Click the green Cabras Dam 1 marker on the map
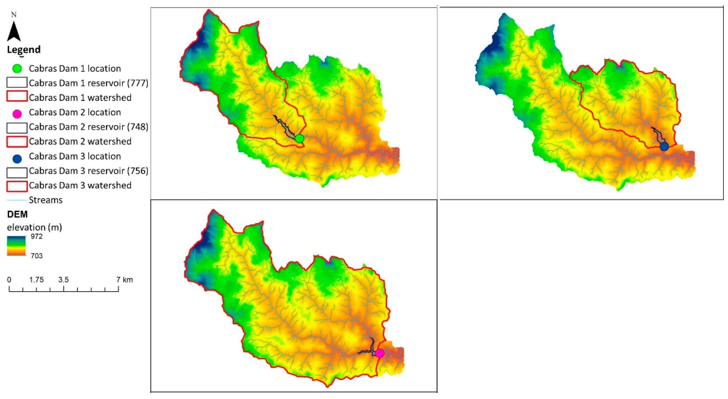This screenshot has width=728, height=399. pyautogui.click(x=299, y=139)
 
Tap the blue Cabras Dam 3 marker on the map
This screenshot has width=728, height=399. pyautogui.click(x=664, y=146)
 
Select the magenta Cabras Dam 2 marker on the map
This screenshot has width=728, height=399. pyautogui.click(x=380, y=353)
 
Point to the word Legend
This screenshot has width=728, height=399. pyautogui.click(x=24, y=49)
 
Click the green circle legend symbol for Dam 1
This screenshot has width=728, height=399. pyautogui.click(x=17, y=68)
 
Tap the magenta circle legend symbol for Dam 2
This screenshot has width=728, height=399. pyautogui.click(x=17, y=114)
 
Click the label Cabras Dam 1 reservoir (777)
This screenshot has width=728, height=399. pyautogui.click(x=88, y=83)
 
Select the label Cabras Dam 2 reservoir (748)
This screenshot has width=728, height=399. pyautogui.click(x=88, y=127)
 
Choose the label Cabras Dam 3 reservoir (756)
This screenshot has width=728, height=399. pyautogui.click(x=88, y=171)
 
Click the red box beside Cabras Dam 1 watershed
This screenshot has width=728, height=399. pyautogui.click(x=17, y=96)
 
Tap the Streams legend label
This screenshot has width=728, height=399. pyautogui.click(x=45, y=200)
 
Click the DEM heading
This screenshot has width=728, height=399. pyautogui.click(x=17, y=215)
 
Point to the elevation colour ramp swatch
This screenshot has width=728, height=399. pyautogui.click(x=16, y=246)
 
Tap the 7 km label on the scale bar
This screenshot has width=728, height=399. pyautogui.click(x=125, y=280)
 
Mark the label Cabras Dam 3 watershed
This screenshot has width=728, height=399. pyautogui.click(x=80, y=185)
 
